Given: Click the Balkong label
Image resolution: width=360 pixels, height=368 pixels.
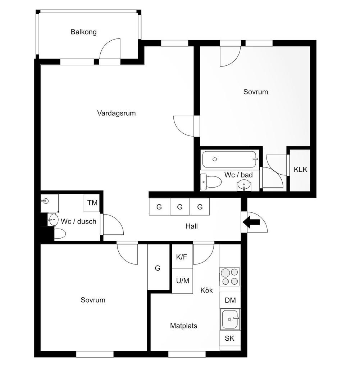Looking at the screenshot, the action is point(83,32).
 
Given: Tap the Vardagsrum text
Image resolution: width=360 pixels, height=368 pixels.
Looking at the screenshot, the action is point(117,113).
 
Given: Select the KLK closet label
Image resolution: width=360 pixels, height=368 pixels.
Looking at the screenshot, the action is point(300,170).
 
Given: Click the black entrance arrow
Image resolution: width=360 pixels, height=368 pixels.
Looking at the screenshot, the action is point(251,222).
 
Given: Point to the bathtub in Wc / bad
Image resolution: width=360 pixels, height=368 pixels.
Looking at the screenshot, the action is point(229,159).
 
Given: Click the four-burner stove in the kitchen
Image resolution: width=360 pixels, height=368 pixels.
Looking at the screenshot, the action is point(230,276).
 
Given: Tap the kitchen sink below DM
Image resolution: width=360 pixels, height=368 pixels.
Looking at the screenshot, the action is point(230,319).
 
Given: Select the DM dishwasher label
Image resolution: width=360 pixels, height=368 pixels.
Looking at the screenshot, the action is point(230,300).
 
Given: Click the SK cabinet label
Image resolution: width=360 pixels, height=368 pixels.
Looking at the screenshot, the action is point(229,338).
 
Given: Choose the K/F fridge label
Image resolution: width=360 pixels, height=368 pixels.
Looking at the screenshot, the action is point(182,257).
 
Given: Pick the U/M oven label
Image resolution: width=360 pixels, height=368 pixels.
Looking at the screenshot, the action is point(182,281).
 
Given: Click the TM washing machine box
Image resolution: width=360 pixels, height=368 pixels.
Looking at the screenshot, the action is point(92,203).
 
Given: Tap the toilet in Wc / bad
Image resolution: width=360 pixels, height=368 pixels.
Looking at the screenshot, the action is point(211,182).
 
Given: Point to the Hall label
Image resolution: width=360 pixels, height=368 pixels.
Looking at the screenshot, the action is point(191,226).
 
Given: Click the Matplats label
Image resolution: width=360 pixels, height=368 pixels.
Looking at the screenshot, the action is point(184,326).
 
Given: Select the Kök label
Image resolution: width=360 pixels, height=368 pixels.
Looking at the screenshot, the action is point(207,290).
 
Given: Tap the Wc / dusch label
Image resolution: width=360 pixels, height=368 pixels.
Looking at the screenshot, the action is point(78,221).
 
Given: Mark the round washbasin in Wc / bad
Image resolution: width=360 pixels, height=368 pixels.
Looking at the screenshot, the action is point(244,185).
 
